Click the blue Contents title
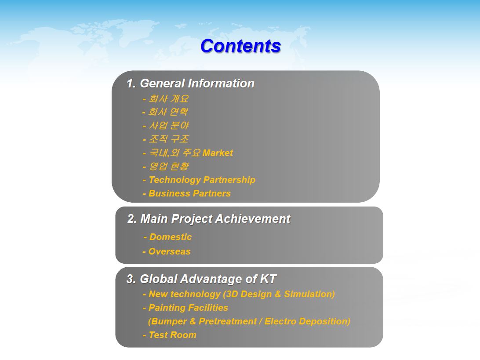coord(240,46)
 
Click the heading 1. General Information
coord(190,83)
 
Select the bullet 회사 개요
coord(166,98)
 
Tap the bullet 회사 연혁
coord(165,112)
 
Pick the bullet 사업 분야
coord(166,126)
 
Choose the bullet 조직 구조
coord(166,139)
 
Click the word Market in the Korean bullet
coord(218,153)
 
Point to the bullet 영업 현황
coord(166,166)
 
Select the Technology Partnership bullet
coord(199,180)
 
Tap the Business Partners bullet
coord(187,193)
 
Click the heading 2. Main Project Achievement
coord(209,219)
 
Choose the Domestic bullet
coord(168,237)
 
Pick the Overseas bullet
coord(167,251)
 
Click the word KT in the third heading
coord(268,279)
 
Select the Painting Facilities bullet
coord(185,308)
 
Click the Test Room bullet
coord(170,335)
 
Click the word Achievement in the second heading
coord(253,219)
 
